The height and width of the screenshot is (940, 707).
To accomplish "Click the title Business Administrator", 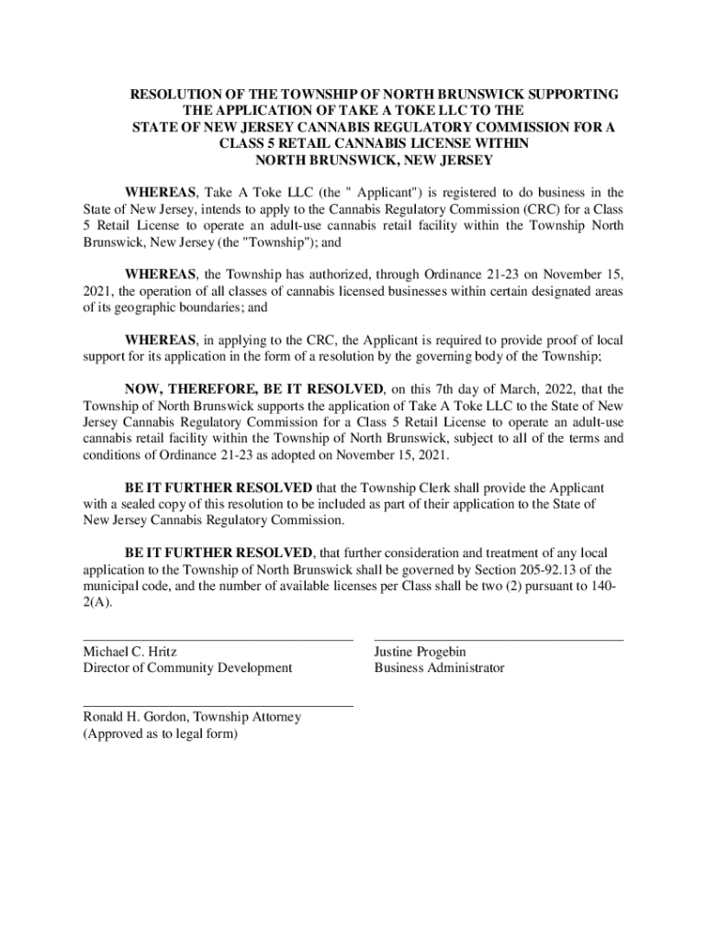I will [439, 668].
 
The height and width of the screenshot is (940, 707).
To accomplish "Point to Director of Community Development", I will [187, 668].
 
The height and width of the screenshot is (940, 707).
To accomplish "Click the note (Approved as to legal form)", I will [160, 734].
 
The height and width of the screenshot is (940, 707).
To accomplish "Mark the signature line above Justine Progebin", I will [499, 640].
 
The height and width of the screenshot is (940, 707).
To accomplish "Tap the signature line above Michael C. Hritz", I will [218, 640].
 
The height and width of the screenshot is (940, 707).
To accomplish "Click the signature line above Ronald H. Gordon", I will [218, 706].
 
